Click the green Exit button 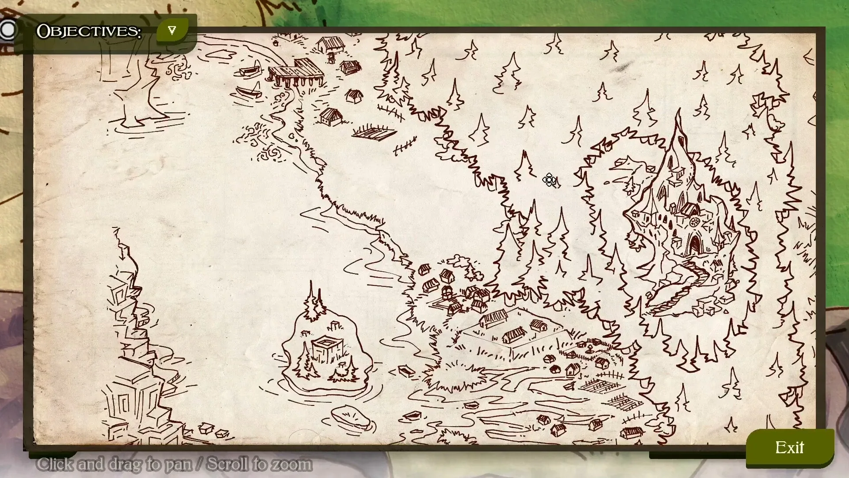[x=790, y=448]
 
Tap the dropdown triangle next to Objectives [x=172, y=31]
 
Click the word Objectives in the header [x=88, y=31]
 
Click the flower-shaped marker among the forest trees [x=550, y=180]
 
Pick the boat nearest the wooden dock [x=250, y=71]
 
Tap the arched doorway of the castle [x=694, y=243]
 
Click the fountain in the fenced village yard [x=590, y=350]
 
